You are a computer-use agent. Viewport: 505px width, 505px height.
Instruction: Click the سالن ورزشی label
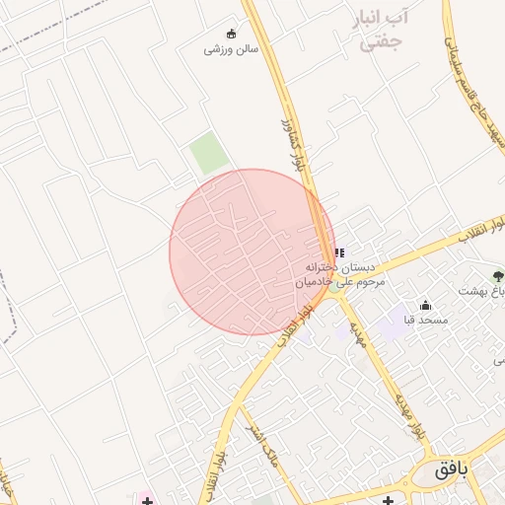(231, 48)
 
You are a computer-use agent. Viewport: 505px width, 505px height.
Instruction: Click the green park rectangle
(209, 154)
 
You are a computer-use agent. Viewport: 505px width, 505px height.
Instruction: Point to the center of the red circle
(252, 252)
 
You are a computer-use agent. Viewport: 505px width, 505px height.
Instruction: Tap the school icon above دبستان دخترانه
(339, 252)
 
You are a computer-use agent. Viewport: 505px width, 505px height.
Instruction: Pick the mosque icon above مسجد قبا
(426, 306)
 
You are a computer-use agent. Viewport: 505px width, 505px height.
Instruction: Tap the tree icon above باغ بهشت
(497, 276)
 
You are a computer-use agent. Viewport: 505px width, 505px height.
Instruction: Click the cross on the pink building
(147, 500)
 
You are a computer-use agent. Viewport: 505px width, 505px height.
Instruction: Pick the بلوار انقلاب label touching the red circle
(298, 325)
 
